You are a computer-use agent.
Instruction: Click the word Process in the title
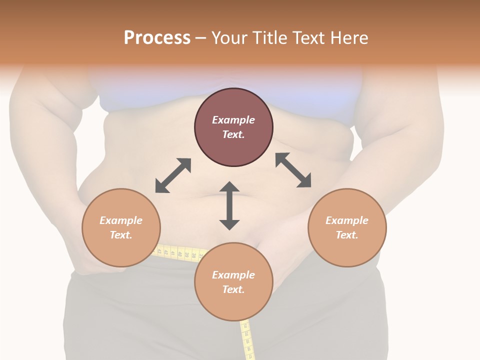click(157, 38)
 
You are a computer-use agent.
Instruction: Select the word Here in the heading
click(348, 38)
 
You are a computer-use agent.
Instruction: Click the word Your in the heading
click(230, 38)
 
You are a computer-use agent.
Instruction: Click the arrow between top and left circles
click(173, 175)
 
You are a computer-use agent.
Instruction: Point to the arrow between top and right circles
click(293, 170)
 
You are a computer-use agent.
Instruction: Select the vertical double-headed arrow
click(229, 205)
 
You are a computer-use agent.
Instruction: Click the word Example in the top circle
click(233, 120)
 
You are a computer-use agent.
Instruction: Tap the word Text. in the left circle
click(121, 235)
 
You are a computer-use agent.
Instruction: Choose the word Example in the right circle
click(347, 220)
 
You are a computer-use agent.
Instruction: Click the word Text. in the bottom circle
click(233, 289)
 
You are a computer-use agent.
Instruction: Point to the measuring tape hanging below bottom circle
click(247, 340)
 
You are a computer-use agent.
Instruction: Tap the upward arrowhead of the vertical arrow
click(229, 186)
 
